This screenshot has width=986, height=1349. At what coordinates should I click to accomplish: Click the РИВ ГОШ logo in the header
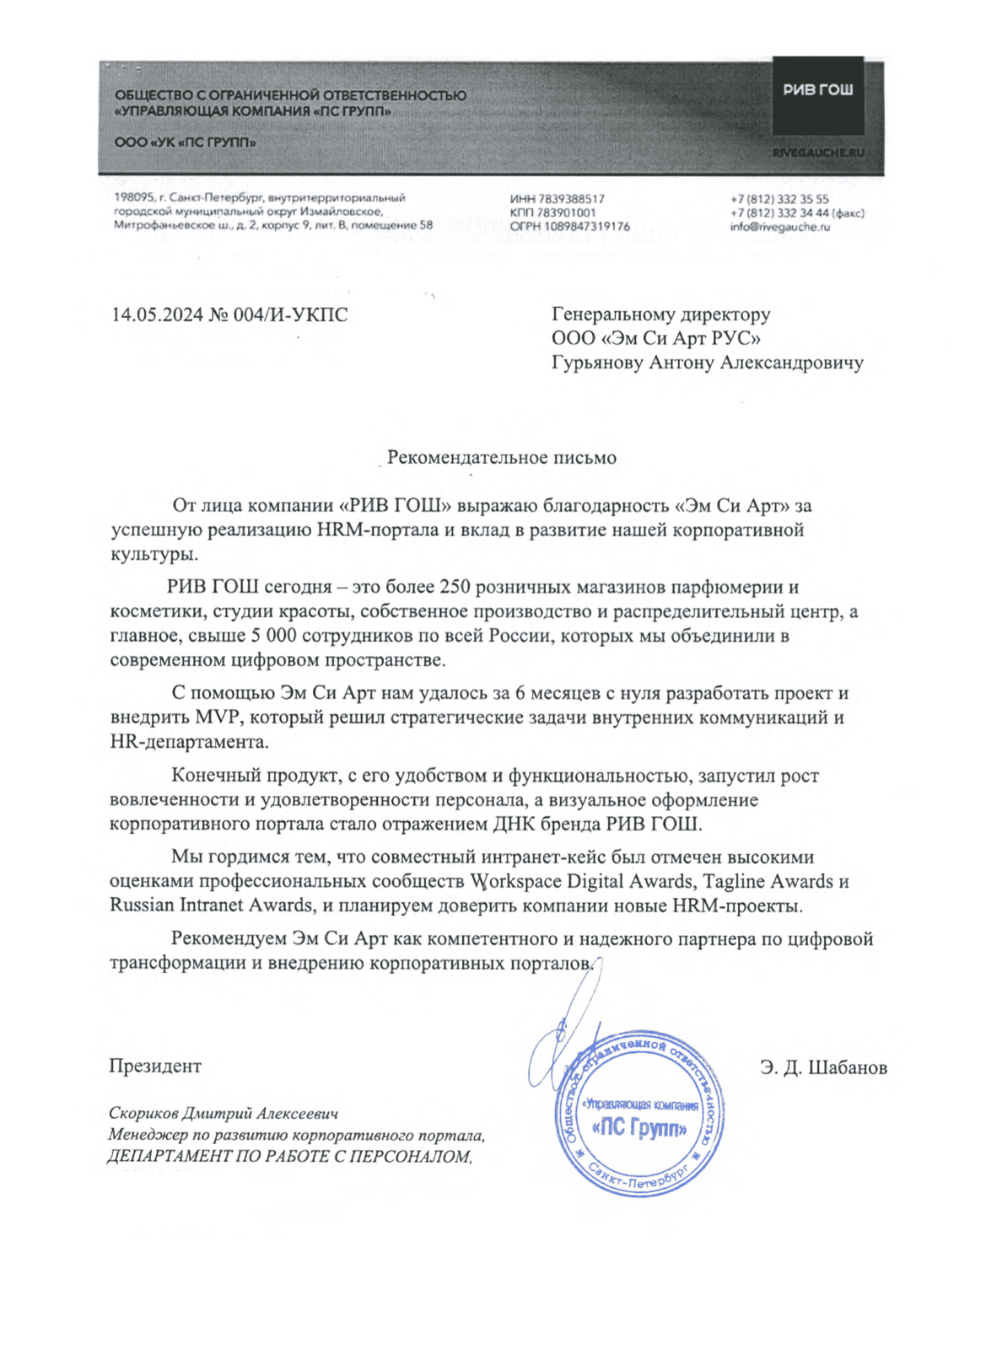pos(817,89)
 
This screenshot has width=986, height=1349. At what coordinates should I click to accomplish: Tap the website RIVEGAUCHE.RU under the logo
pos(818,153)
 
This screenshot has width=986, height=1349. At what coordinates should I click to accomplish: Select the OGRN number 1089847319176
pos(587,226)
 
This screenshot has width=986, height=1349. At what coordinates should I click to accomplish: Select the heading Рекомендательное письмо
pos(501,458)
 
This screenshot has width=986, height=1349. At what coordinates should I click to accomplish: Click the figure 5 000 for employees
pos(274,636)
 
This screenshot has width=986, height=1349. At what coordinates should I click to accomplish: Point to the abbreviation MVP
pos(218,718)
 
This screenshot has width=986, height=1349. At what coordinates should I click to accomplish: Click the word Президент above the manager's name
pos(155,1066)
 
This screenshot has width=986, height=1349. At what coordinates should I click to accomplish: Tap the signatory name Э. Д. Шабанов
pos(823,1067)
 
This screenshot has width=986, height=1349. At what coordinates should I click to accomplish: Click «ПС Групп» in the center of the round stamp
pos(640,1128)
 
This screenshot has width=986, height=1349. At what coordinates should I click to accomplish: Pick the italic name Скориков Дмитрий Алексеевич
pos(224,1114)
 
